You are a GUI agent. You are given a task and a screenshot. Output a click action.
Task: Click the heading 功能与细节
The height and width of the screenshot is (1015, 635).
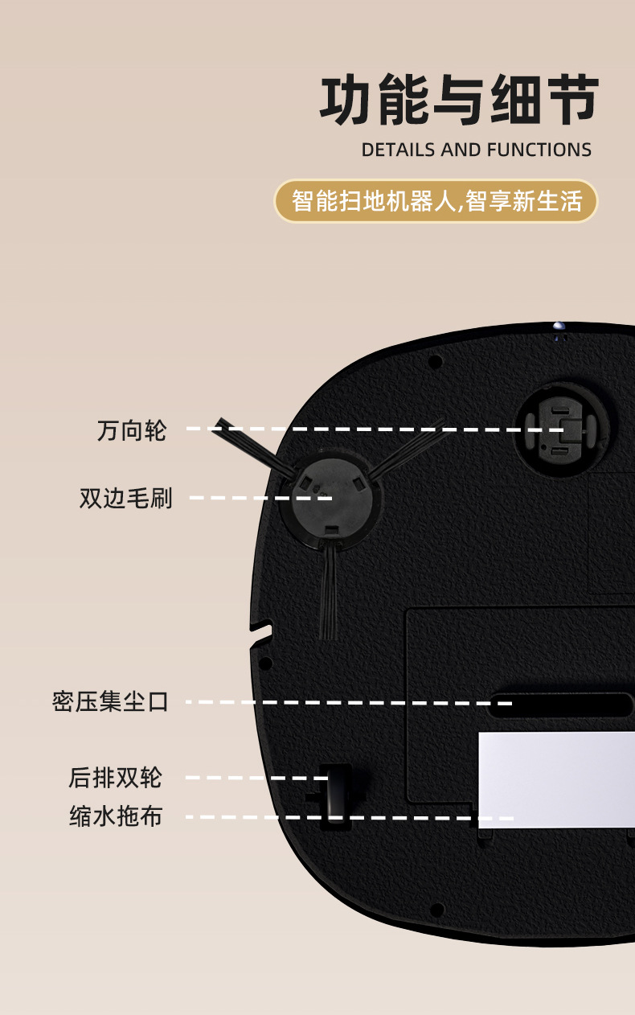pyautogui.click(x=459, y=100)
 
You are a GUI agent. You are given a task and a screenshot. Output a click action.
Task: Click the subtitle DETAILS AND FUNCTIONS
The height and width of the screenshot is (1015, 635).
pyautogui.click(x=477, y=150)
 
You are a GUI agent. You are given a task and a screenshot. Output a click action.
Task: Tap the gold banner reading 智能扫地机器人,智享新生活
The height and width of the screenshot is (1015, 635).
pyautogui.click(x=436, y=201)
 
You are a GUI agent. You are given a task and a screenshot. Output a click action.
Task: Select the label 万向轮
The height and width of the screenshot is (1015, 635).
pyautogui.click(x=132, y=430)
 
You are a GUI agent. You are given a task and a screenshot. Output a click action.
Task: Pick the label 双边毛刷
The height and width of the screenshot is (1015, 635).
pyautogui.click(x=126, y=499)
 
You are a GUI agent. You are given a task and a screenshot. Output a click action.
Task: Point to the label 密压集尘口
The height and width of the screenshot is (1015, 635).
pyautogui.click(x=110, y=702)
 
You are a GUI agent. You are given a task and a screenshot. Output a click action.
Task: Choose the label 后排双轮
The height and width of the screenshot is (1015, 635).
pyautogui.click(x=115, y=778)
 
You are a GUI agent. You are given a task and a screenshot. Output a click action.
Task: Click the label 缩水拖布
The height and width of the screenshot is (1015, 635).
pyautogui.click(x=116, y=816)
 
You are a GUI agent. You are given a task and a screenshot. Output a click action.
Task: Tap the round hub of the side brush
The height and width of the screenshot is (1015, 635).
pyautogui.click(x=333, y=497)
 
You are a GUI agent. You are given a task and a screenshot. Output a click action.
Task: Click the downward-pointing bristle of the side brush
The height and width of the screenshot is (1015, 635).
pyautogui.click(x=330, y=590)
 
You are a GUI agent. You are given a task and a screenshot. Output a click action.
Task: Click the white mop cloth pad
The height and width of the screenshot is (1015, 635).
pyautogui.click(x=557, y=779)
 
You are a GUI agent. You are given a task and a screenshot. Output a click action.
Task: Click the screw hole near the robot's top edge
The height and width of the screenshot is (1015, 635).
pyautogui.click(x=436, y=362)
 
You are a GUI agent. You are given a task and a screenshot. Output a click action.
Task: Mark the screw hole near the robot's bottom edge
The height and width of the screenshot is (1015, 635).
pyautogui.click(x=436, y=909)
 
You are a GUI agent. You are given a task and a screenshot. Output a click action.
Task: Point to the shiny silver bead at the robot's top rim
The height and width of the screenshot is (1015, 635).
pyautogui.click(x=559, y=326)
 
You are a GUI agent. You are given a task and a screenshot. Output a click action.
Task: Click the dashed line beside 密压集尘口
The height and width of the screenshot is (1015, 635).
pyautogui.click(x=349, y=702)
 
